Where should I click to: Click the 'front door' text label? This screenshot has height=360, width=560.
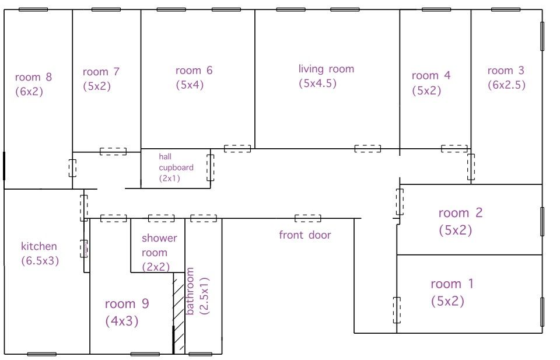pyautogui.click(x=304, y=235)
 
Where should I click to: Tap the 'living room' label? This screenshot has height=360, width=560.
pyautogui.click(x=327, y=69)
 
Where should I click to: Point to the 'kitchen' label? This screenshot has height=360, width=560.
pyautogui.click(x=39, y=246)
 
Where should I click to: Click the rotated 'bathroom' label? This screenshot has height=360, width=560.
pyautogui.click(x=190, y=291)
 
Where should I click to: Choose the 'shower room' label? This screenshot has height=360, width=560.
pyautogui.click(x=159, y=246)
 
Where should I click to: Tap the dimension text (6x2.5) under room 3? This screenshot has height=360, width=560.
pyautogui.click(x=507, y=85)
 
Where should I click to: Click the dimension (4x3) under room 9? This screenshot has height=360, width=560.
pyautogui.click(x=122, y=321)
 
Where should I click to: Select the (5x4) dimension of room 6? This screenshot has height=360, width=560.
pyautogui.click(x=190, y=85)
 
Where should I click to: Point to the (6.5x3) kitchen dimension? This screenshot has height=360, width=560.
pyautogui.click(x=40, y=261)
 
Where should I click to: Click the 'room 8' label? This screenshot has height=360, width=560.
pyautogui.click(x=34, y=77)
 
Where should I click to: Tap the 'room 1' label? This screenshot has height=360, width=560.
pyautogui.click(x=452, y=284)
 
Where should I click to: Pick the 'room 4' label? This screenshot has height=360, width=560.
pyautogui.click(x=431, y=75)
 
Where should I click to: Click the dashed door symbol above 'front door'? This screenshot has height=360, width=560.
pyautogui.click(x=308, y=218)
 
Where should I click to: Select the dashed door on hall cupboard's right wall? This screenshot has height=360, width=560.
pyautogui.click(x=211, y=167)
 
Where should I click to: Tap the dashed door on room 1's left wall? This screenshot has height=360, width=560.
pyautogui.click(x=397, y=310)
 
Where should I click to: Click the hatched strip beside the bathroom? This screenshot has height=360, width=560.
pyautogui.click(x=179, y=313)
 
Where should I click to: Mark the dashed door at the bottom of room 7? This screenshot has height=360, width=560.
pyautogui.click(x=113, y=152)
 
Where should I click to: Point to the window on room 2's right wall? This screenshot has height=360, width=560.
pyautogui.click(x=542, y=222)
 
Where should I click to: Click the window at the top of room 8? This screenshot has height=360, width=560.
pyautogui.click(x=33, y=10)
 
